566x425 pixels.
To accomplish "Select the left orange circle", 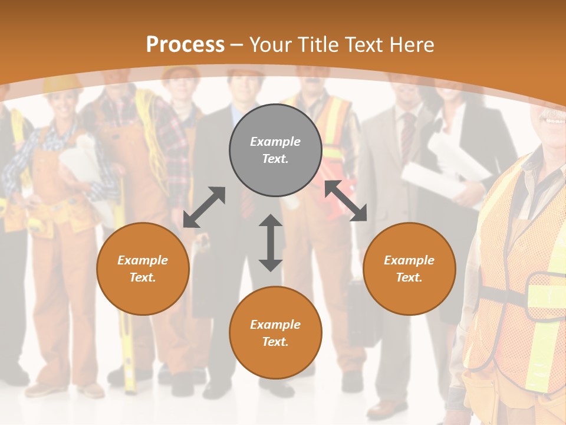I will (143, 269).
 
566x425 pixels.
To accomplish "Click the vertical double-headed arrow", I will (271, 243).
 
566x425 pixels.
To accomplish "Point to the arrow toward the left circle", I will (204, 207).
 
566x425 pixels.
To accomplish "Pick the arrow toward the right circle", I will (346, 200).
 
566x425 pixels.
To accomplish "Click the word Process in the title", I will (185, 44).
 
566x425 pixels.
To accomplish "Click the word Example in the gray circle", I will (275, 142).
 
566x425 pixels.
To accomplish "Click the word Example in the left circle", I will (143, 260).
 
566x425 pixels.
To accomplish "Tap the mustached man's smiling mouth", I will (554, 120).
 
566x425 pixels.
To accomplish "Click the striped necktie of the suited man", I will (407, 136).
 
